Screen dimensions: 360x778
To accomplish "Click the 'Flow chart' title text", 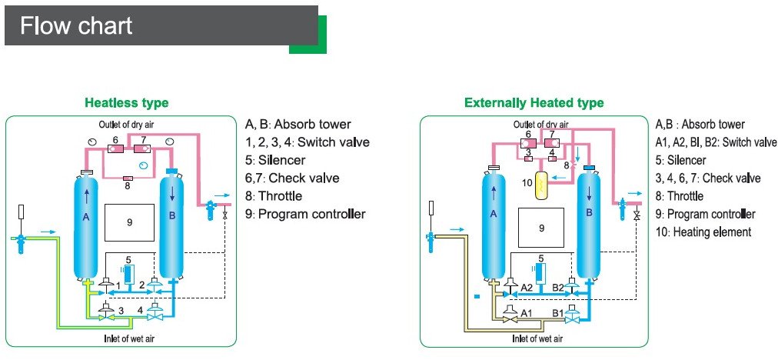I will [76, 26].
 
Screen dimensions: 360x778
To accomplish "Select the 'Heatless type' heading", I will [126, 102].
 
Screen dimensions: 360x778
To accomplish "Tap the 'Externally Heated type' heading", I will [534, 102].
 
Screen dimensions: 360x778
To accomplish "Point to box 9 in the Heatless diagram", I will [130, 222].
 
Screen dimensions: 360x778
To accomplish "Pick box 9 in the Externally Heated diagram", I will [541, 228].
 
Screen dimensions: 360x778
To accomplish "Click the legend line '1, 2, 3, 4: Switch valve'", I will [307, 142].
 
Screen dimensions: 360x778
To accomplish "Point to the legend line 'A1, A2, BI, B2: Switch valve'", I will [716, 142].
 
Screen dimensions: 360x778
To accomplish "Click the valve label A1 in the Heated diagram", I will [527, 312].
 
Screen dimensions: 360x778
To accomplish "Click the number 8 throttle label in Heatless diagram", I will [127, 185].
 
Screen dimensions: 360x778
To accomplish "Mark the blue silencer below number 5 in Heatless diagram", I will [128, 273].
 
